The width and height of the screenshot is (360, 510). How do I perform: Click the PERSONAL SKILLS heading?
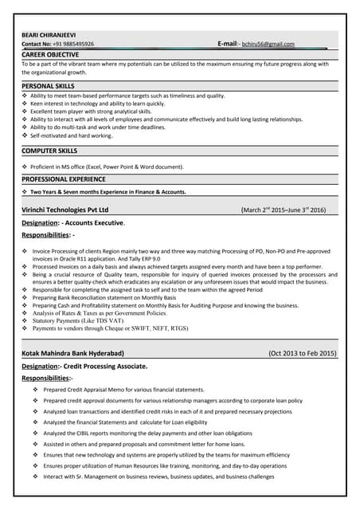click(x=48, y=85)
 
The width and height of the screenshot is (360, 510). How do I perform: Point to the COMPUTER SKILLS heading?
click(x=49, y=150)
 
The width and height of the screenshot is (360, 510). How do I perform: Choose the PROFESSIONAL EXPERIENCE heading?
click(x=63, y=179)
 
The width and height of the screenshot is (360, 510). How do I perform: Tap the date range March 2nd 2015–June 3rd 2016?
click(x=283, y=210)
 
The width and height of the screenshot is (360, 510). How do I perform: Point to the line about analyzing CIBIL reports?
click(x=147, y=433)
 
